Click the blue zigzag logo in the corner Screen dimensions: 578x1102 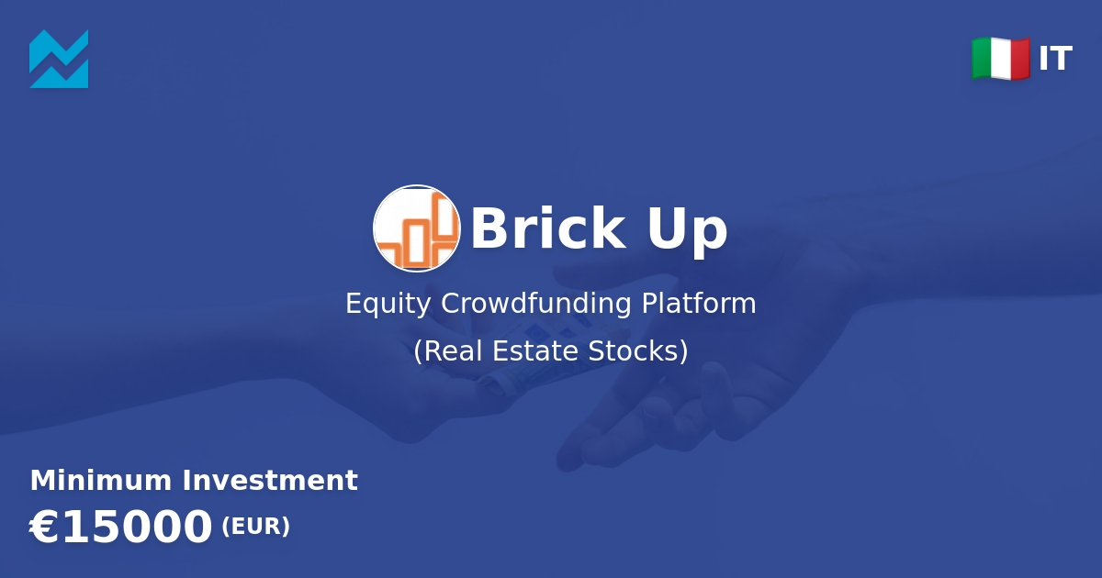click(x=59, y=59)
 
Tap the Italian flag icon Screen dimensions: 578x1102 click(x=1001, y=59)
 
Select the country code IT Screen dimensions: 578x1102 click(x=1055, y=60)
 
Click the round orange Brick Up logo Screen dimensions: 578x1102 click(x=416, y=228)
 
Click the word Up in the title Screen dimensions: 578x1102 click(x=687, y=230)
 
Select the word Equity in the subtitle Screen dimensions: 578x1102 click(x=389, y=304)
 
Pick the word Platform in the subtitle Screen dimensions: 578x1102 click(x=699, y=304)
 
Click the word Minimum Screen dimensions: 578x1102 click(x=101, y=481)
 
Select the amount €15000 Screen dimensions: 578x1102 click(x=121, y=528)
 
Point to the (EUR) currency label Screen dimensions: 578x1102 click(x=255, y=527)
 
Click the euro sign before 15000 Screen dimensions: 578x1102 click(x=43, y=528)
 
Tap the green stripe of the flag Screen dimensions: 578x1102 click(x=983, y=59)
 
